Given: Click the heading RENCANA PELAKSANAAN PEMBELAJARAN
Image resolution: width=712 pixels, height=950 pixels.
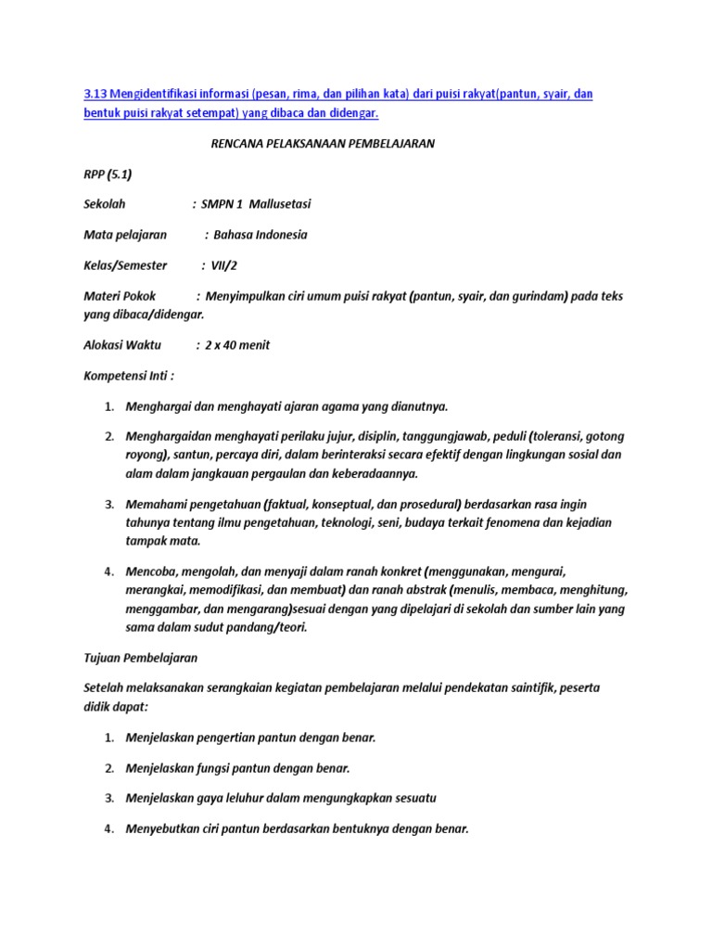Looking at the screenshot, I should (318, 144).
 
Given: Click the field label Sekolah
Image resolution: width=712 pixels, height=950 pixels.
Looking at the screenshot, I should (104, 204).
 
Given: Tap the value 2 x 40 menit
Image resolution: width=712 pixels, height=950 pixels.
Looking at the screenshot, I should (237, 345).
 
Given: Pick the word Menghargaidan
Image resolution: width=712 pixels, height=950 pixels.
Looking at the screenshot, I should (170, 436).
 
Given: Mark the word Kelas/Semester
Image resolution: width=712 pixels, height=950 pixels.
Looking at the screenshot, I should (125, 265).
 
